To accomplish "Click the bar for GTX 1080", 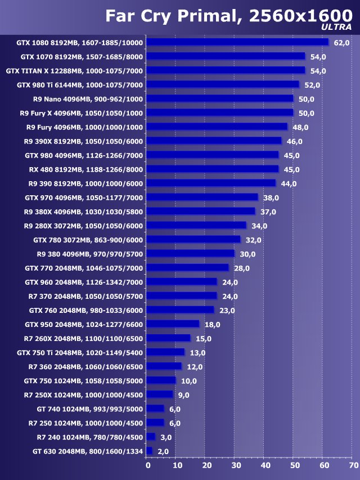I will tap(237, 42).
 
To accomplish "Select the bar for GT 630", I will tap(150, 451).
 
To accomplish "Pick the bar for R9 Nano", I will tap(220, 98).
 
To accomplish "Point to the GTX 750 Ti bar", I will tap(166, 352).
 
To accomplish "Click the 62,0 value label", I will tap(341, 43).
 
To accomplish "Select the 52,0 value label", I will tap(312, 85).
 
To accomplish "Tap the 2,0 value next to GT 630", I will tap(164, 451).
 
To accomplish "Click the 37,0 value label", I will tap(268, 212).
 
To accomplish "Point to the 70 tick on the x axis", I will tap(353, 465).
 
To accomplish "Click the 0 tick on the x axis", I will tap(148, 465).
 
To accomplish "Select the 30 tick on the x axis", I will tap(236, 465).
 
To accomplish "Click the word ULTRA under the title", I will tap(337, 26).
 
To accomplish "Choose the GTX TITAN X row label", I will tap(74, 71).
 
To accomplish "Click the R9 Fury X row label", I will tap(81, 113).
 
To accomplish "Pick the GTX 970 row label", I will tap(84, 198).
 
